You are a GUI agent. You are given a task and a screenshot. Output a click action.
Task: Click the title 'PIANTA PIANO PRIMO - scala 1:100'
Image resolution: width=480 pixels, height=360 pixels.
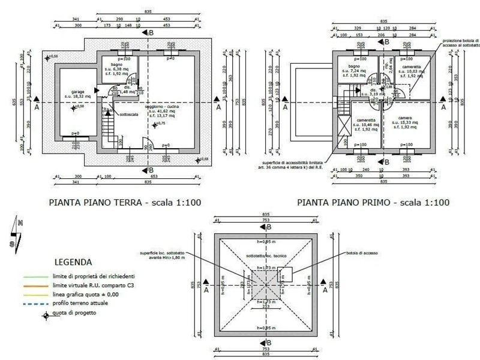(x=373, y=203)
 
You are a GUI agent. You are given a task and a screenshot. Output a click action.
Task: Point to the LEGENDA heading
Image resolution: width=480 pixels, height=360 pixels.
(x=73, y=262)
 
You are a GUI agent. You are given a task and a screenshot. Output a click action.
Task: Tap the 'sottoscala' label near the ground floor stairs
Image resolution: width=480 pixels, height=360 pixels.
(x=130, y=114)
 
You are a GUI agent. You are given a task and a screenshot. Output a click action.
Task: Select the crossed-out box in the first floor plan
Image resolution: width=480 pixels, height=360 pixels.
(x=345, y=125)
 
